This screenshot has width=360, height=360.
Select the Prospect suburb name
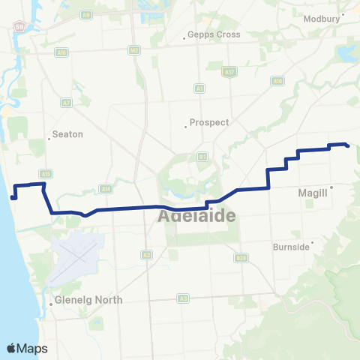coord(209,122)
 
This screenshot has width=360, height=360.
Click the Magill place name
coord(313,193)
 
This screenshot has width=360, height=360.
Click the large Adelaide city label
coord(197,216)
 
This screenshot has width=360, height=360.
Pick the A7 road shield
coord(67,102)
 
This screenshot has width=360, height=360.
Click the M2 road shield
coord(133,50)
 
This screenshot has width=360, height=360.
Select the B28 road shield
coord(241,257)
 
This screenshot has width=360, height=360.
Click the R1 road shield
coord(202,156)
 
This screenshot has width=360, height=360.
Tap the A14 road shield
coord(106,189)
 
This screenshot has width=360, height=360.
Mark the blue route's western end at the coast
coord(13,198)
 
